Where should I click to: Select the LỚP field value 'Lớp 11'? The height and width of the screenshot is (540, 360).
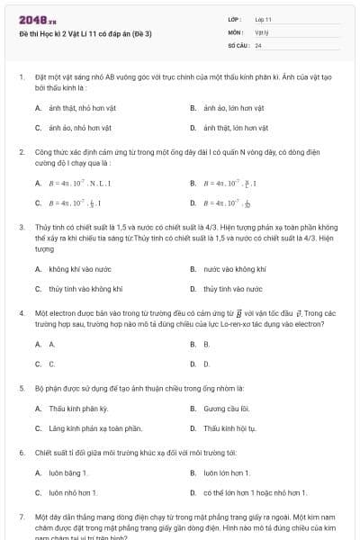pyautogui.click(x=263, y=19)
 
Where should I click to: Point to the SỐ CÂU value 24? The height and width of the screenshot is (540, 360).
pyautogui.click(x=258, y=44)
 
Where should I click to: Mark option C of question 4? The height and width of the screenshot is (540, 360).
pyautogui.click(x=51, y=364)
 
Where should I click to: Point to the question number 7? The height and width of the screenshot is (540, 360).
pyautogui.click(x=21, y=518)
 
